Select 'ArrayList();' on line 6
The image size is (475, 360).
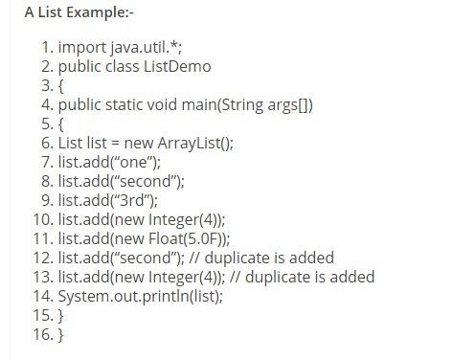196,143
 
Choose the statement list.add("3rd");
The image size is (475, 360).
106,200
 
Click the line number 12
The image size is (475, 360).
43,258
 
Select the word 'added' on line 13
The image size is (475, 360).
352,277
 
